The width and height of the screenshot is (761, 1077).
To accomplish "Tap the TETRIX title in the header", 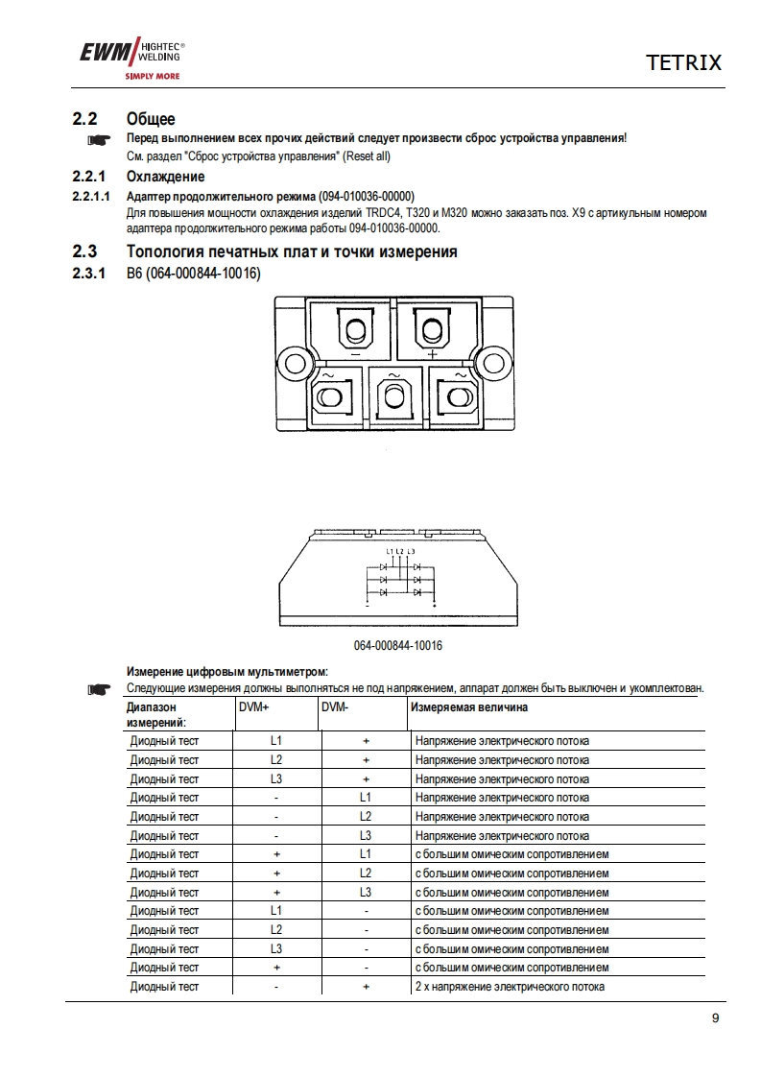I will click(682, 63).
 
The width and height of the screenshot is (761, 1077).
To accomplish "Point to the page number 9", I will click(715, 1018).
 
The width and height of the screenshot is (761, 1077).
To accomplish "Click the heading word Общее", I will click(151, 119).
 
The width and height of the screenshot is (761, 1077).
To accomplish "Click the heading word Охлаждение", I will click(165, 178).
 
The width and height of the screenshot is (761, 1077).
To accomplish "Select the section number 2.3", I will click(85, 252).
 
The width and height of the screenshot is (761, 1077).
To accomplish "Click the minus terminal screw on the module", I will click(356, 332).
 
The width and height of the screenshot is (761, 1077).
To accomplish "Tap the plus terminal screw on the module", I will click(432, 332).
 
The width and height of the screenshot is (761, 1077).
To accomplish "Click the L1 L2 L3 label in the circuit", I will click(400, 551).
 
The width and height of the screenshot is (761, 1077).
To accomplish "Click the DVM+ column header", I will click(253, 708).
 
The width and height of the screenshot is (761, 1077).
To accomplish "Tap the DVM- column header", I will click(334, 708).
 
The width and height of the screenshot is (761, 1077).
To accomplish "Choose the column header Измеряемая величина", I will click(469, 708).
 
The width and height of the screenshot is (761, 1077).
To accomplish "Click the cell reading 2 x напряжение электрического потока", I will click(509, 987).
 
